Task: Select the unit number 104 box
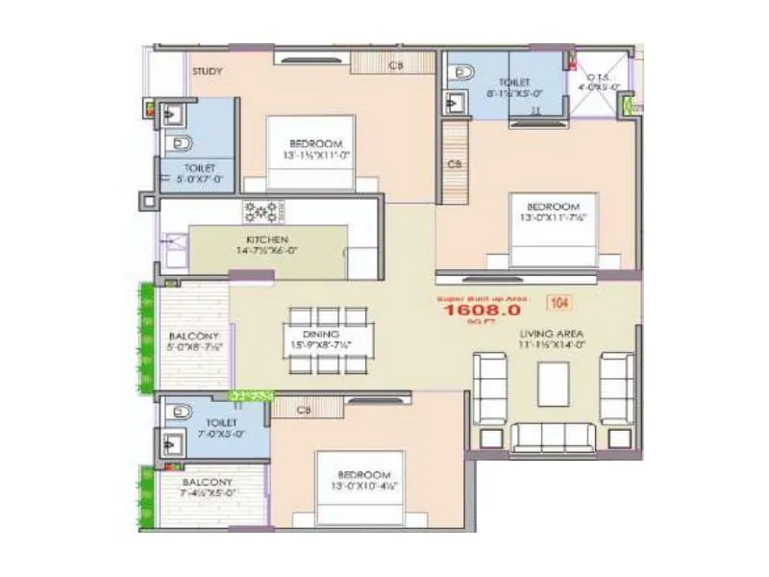point(558,303)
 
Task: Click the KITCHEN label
point(266,239)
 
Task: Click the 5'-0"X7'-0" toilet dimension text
point(204,179)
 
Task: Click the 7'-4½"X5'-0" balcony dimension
point(207,493)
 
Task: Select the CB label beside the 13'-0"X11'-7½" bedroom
point(455,163)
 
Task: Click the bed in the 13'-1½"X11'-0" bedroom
point(309,153)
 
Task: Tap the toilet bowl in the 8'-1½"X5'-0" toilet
point(463,73)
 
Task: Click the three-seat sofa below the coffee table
point(553,437)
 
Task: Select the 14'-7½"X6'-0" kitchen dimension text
point(266,251)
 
